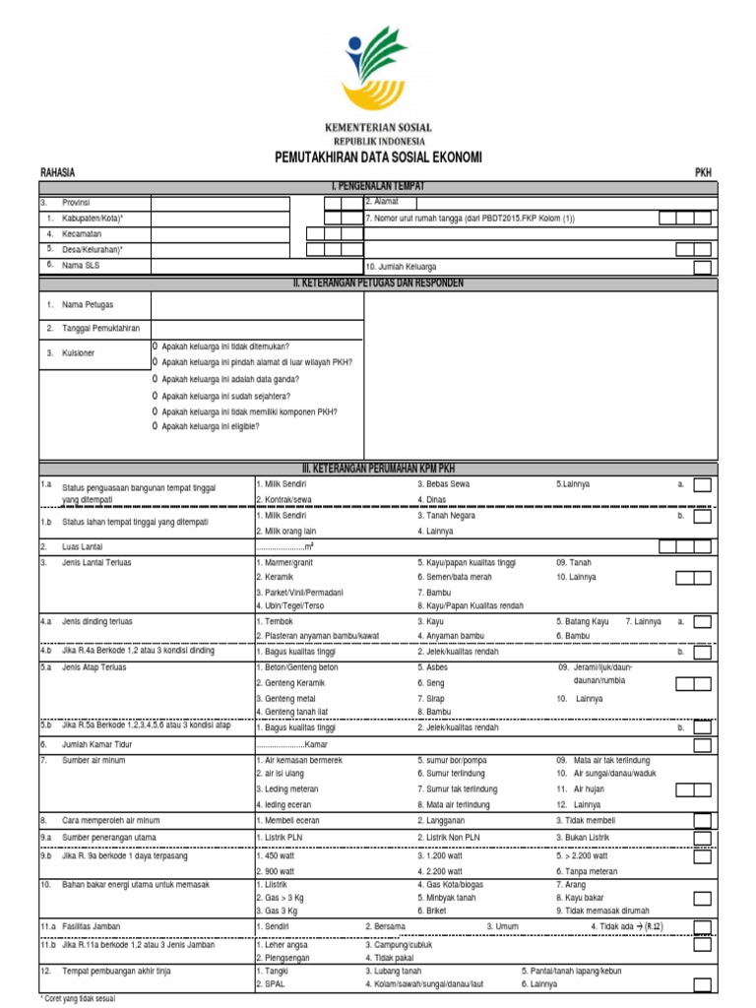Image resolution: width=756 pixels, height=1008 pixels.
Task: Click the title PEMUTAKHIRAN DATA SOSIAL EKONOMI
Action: (x=378, y=157)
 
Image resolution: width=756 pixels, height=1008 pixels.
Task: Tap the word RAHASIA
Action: (x=57, y=172)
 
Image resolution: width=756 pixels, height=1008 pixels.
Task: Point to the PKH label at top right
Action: (x=703, y=172)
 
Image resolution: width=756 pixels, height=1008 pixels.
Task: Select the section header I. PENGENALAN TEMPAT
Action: (x=378, y=185)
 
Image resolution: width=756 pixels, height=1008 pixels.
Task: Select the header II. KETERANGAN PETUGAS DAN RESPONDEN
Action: (x=378, y=283)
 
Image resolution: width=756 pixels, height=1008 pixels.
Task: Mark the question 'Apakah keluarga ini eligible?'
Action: (x=210, y=426)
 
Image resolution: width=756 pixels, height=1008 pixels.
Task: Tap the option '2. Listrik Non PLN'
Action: (x=449, y=837)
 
